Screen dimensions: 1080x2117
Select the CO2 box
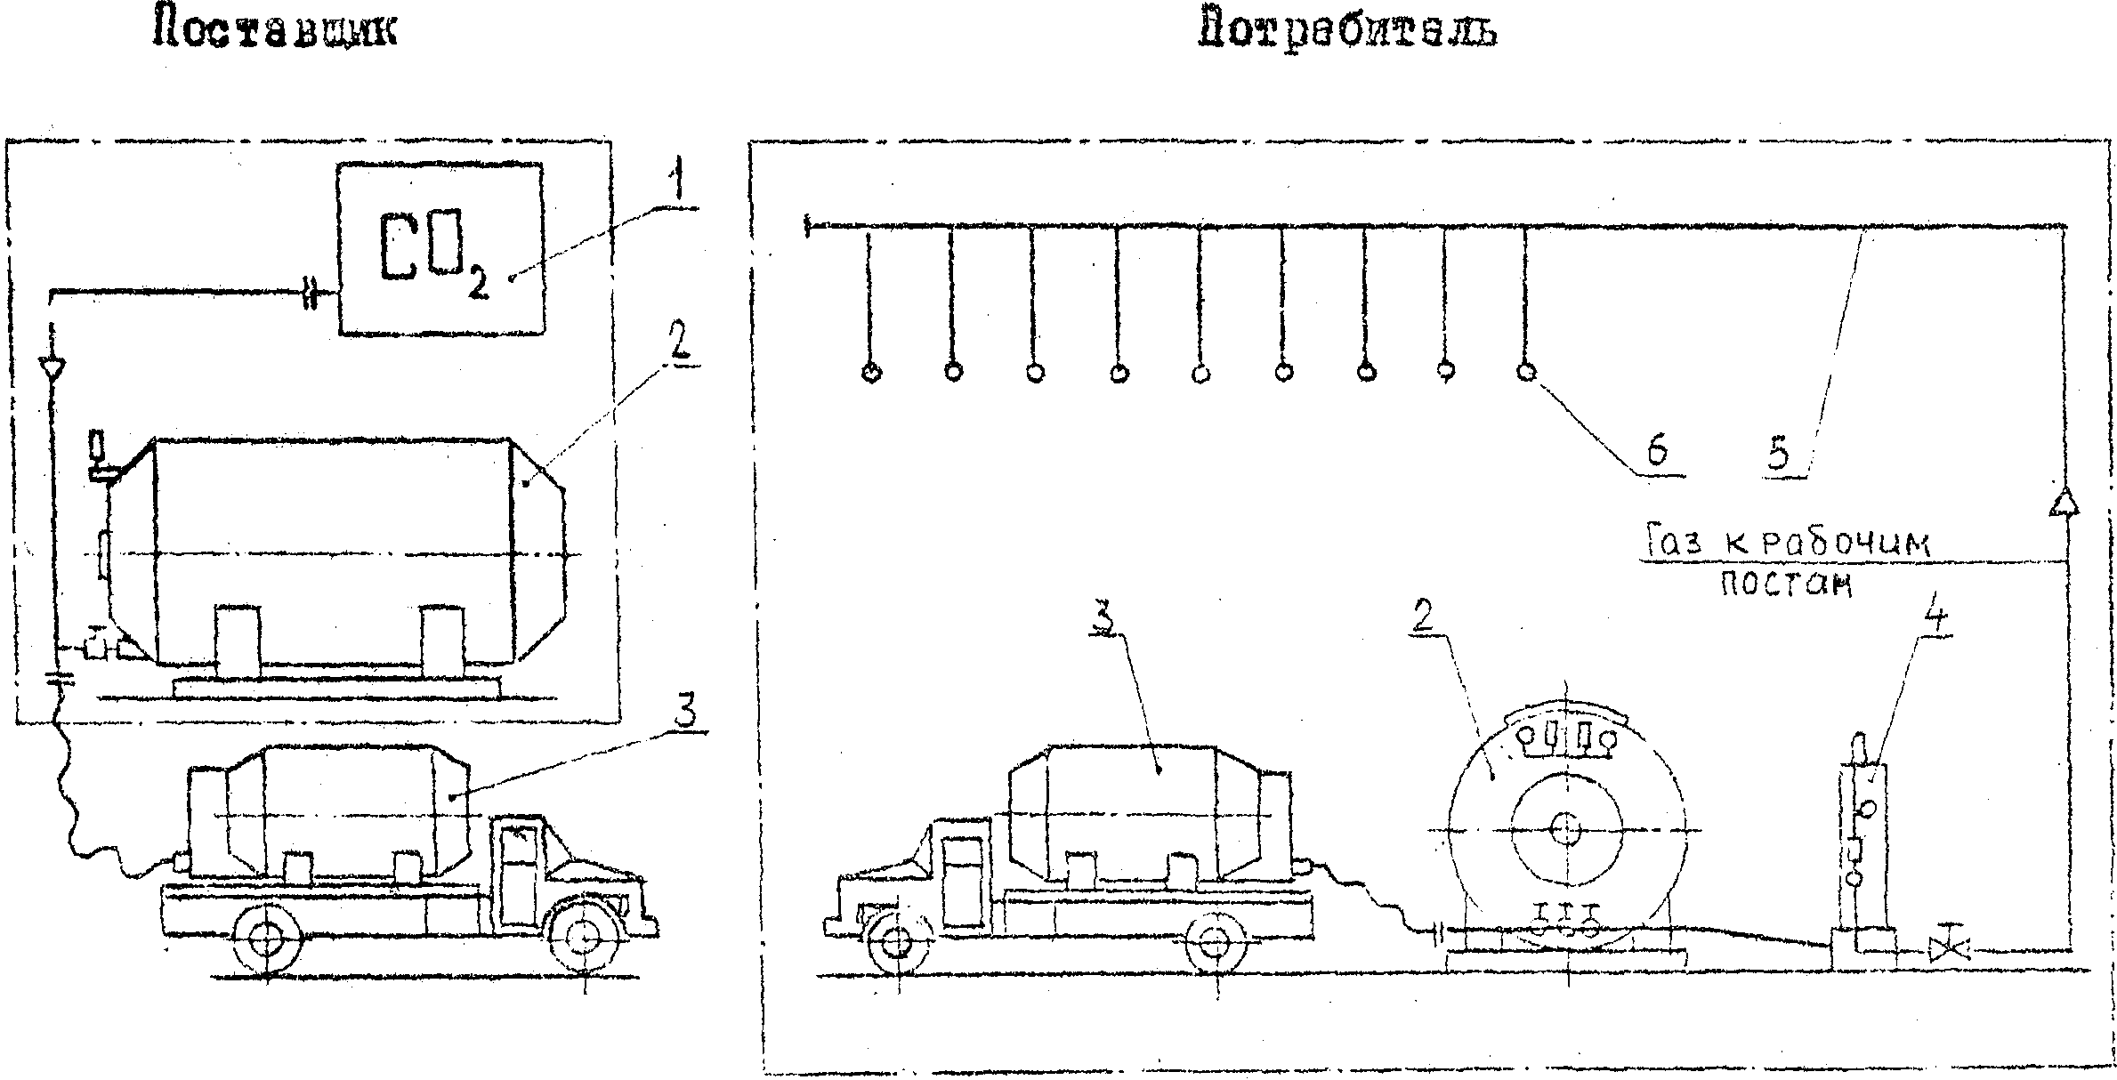click(440, 249)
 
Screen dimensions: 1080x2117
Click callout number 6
click(1656, 453)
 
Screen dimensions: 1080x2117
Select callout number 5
click(1777, 455)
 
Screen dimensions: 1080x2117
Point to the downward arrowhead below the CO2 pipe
click(52, 367)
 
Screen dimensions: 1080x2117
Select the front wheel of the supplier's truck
click(583, 939)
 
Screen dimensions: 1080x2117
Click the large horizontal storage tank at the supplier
click(334, 552)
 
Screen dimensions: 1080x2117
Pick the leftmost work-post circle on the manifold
click(871, 373)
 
